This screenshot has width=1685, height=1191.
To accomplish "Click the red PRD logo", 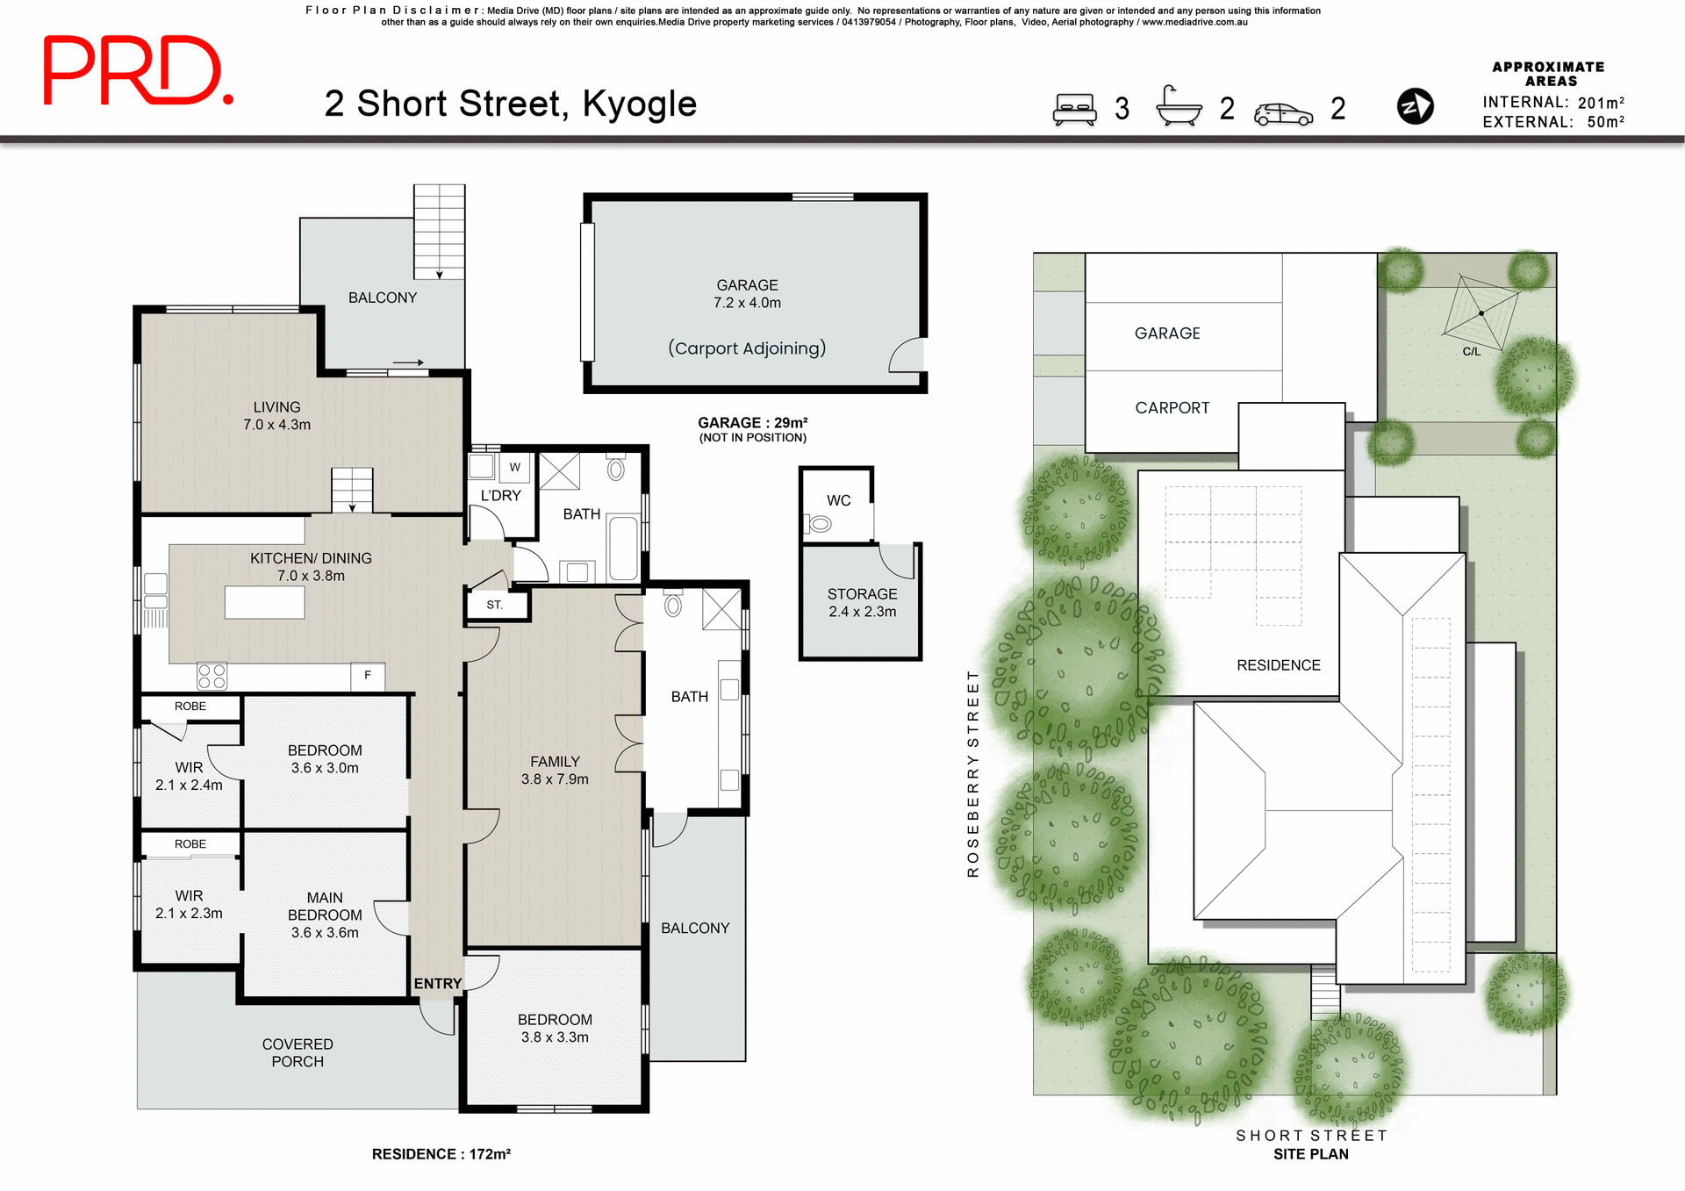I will click(x=138, y=71).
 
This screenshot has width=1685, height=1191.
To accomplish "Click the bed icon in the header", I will click(x=1075, y=110).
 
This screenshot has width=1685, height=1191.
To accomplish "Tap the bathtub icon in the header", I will click(x=1179, y=107).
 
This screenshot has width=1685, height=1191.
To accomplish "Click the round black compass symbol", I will click(x=1415, y=107).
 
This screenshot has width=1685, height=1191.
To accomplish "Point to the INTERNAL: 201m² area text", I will click(x=1552, y=103).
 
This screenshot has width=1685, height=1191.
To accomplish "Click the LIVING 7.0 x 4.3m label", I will click(x=276, y=416).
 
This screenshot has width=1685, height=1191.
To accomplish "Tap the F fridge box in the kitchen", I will click(x=368, y=675).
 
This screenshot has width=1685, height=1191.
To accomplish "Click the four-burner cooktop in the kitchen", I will click(x=212, y=676).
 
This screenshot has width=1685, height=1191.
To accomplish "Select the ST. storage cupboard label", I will click(x=495, y=605).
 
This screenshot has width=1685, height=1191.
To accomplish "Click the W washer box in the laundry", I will click(x=515, y=467).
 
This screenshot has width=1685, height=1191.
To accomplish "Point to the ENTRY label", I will click(x=437, y=984).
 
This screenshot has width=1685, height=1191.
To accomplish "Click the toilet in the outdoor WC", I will click(x=819, y=525).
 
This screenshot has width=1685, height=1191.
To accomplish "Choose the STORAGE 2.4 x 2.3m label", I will click(x=862, y=603).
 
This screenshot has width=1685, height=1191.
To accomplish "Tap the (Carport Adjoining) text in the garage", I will click(x=747, y=348).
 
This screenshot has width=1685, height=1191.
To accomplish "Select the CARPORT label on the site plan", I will click(x=1172, y=408).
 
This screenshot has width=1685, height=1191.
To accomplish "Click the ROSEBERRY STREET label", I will click(x=972, y=773).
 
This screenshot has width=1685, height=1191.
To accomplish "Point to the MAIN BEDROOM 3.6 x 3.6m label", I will click(x=325, y=915).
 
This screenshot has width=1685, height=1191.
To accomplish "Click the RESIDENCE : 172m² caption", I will click(x=441, y=1154).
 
